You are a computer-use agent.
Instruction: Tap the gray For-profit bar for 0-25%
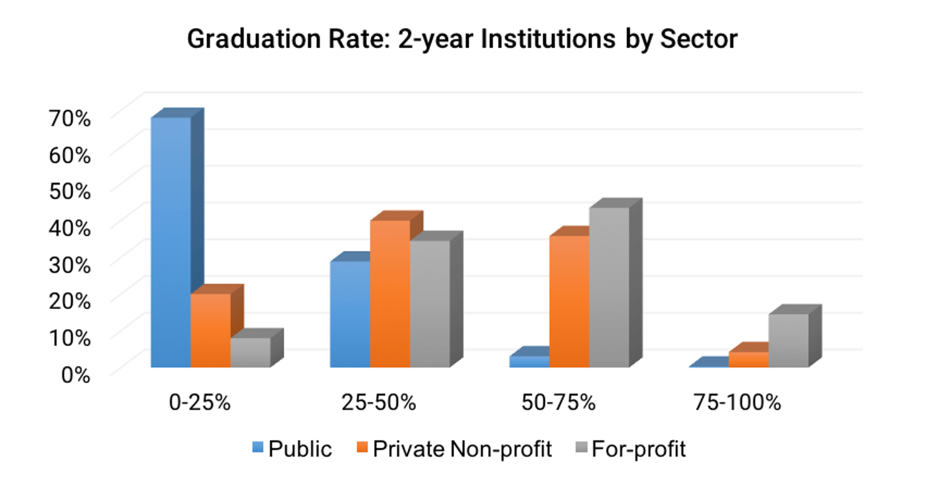click(250, 353)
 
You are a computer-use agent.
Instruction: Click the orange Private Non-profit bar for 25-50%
click(390, 293)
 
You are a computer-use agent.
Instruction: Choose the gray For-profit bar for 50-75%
click(609, 287)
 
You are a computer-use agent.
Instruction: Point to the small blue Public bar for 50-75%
click(529, 362)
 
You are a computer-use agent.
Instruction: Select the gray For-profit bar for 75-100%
click(788, 340)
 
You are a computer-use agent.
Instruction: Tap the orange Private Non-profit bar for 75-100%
click(748, 360)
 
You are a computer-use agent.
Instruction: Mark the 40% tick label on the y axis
click(69, 227)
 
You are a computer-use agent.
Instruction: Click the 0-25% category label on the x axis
click(200, 402)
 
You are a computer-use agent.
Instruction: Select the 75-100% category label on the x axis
click(737, 402)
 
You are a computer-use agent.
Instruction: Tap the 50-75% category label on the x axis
click(558, 402)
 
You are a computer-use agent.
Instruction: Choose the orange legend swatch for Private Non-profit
click(362, 448)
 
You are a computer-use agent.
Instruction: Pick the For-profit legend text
click(638, 448)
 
